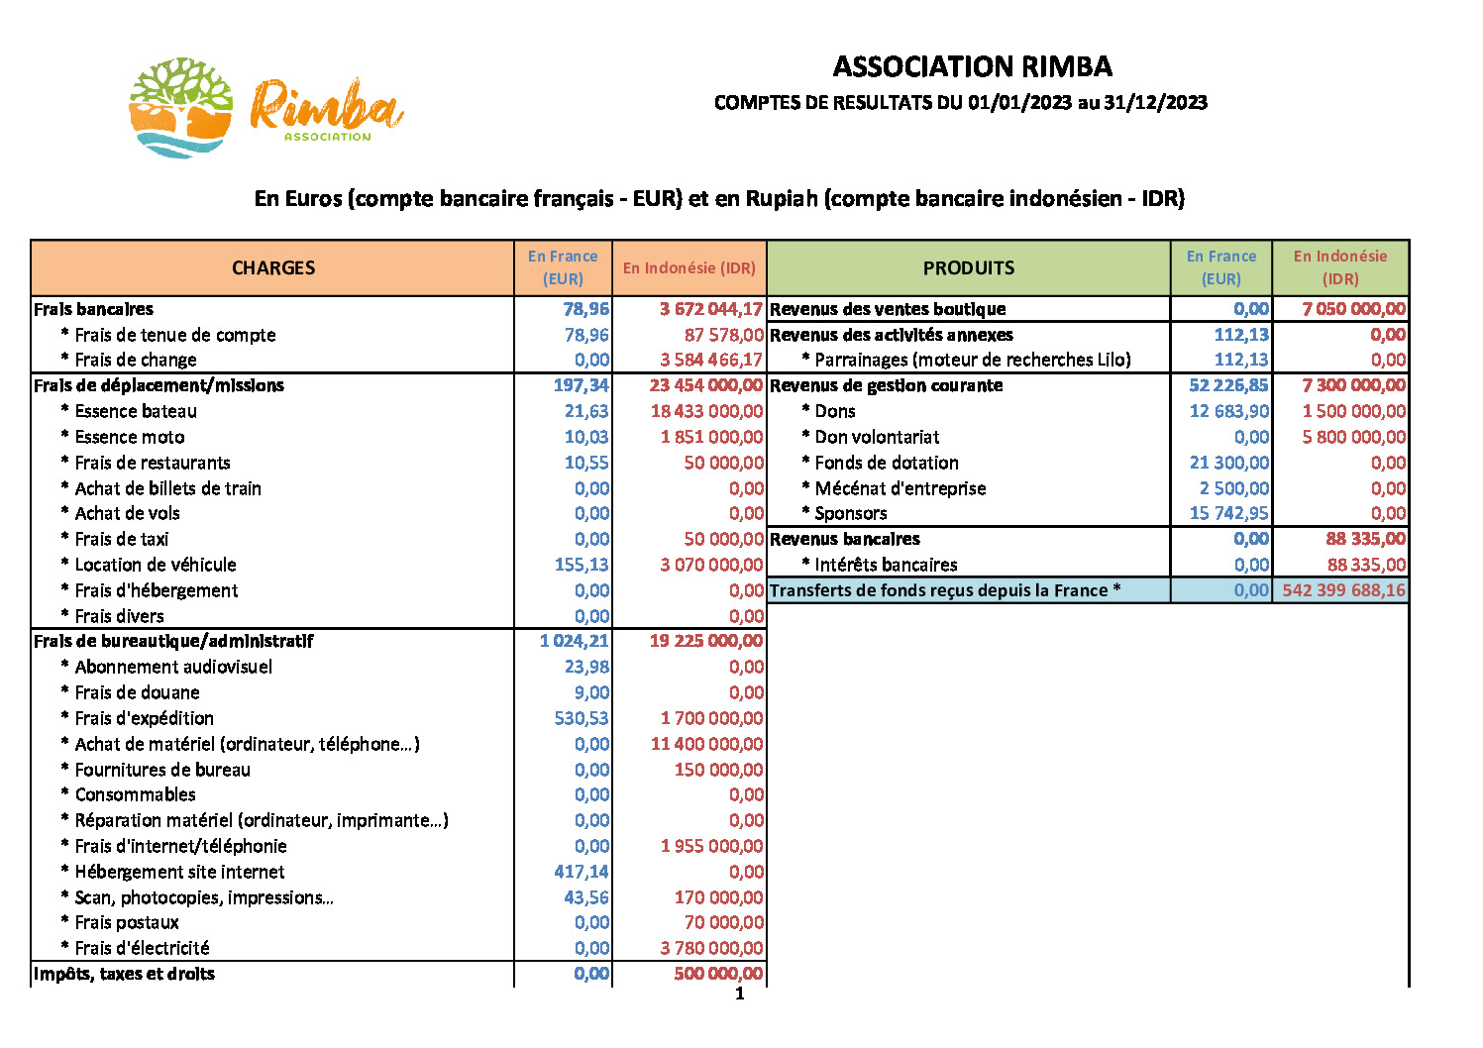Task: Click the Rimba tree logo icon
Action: (x=181, y=107)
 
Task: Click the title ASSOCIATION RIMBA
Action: (x=972, y=66)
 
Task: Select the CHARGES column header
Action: (x=273, y=267)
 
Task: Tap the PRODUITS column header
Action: (x=968, y=267)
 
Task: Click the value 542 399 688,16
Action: (x=1343, y=590)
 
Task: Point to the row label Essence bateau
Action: (x=136, y=411)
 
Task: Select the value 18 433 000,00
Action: (x=706, y=411)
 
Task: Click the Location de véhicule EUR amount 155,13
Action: (x=582, y=565)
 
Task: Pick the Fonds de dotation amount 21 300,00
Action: (x=1228, y=463)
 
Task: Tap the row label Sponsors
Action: (x=850, y=513)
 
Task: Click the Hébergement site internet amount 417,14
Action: (x=582, y=872)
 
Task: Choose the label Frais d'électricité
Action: (x=142, y=948)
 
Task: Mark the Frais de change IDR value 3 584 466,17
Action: (x=711, y=360)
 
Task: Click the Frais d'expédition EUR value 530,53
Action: (x=582, y=718)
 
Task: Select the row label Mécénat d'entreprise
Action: (x=900, y=488)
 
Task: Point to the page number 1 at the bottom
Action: (x=739, y=994)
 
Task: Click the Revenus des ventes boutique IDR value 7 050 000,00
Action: (x=1353, y=309)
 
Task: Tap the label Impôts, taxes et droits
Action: (x=124, y=974)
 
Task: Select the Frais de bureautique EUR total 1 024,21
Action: (x=574, y=641)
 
